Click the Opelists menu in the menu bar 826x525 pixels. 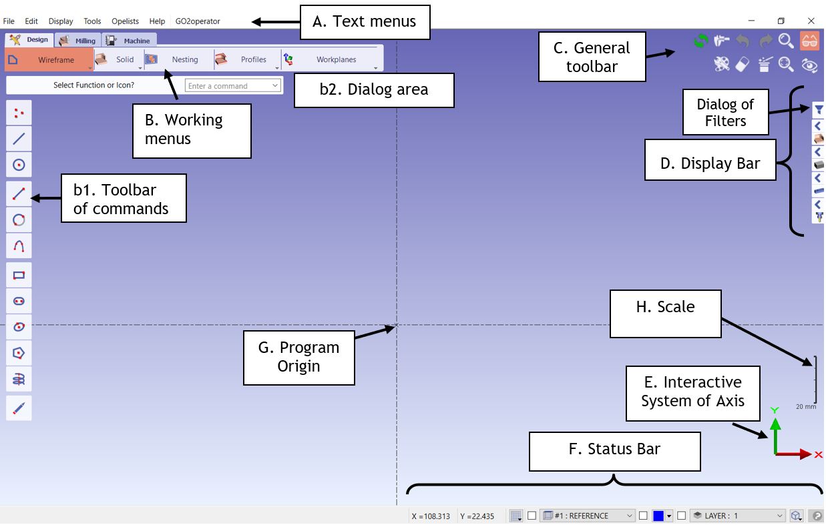125,21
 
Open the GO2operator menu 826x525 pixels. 198,21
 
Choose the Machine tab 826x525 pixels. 130,41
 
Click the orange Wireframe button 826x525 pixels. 50,60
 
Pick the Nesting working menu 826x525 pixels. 178,60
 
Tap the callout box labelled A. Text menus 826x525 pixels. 365,22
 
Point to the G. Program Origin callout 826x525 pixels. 298,357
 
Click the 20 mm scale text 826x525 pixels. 806,406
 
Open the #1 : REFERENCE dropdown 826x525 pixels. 587,516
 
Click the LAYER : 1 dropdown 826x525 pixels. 738,516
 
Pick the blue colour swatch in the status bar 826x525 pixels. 658,516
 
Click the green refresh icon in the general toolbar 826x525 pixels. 700,41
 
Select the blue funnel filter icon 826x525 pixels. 819,110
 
